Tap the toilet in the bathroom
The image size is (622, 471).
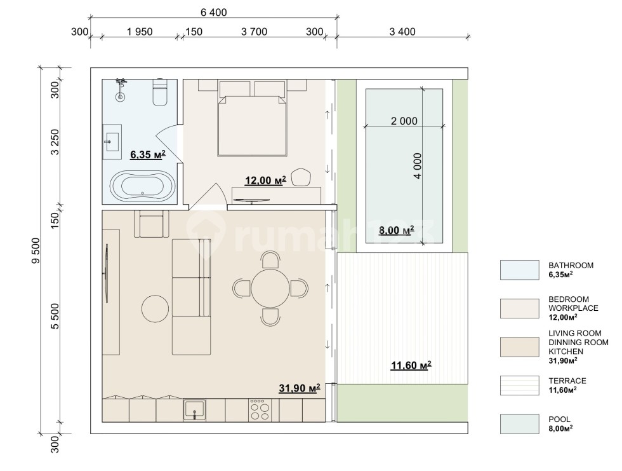[160, 92]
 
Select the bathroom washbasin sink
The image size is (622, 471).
[112, 138]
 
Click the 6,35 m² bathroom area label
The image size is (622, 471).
[147, 154]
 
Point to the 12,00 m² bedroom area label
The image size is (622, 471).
[265, 181]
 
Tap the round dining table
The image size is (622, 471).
[270, 289]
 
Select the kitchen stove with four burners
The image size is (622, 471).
[260, 410]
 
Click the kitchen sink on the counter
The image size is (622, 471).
[194, 410]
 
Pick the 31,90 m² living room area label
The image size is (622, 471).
[300, 388]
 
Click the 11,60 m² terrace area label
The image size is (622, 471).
[411, 365]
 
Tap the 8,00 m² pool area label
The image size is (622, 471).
[396, 230]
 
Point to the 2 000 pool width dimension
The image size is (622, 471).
[404, 121]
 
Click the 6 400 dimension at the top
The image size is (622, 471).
[214, 12]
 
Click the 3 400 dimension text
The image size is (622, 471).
[402, 32]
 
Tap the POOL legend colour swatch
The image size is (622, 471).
[519, 424]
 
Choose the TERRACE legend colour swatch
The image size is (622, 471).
[519, 385]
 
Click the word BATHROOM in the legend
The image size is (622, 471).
[571, 265]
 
